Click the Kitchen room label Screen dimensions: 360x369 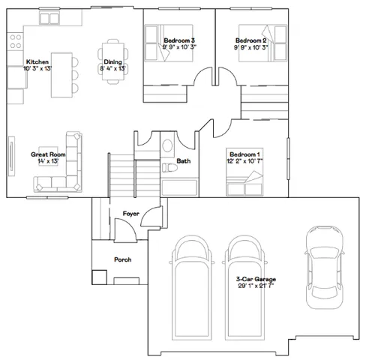(37, 61)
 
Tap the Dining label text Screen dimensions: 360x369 (112, 61)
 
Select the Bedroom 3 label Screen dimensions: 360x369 (178, 40)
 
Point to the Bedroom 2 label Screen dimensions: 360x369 (251, 40)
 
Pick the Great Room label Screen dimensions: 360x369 (48, 154)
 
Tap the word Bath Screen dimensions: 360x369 (183, 161)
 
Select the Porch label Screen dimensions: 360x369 (122, 260)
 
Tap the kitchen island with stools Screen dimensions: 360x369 (62, 74)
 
